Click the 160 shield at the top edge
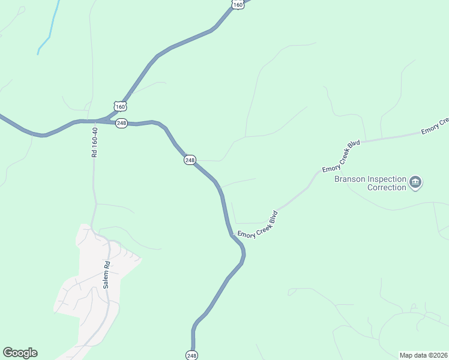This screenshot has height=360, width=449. pyautogui.click(x=238, y=4)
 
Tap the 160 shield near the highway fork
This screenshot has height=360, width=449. pyautogui.click(x=121, y=107)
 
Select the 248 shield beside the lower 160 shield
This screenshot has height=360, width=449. pyautogui.click(x=121, y=123)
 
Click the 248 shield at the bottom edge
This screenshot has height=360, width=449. pyautogui.click(x=191, y=355)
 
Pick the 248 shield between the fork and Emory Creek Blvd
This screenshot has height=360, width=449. pyautogui.click(x=190, y=160)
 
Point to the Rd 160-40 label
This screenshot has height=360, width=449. pyautogui.click(x=94, y=142)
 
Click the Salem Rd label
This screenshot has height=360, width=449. pyautogui.click(x=106, y=275)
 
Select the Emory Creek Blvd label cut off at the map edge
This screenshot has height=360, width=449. pyautogui.click(x=435, y=125)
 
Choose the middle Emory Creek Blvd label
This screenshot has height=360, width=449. pyautogui.click(x=341, y=156)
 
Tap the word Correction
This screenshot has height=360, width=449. pyautogui.click(x=387, y=187)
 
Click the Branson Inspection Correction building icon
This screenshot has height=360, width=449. pyautogui.click(x=415, y=182)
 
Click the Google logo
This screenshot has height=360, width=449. pyautogui.click(x=20, y=353)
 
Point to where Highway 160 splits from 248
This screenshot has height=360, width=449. pyautogui.click(x=109, y=118)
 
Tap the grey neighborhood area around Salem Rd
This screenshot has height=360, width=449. pyautogui.click(x=90, y=288)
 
